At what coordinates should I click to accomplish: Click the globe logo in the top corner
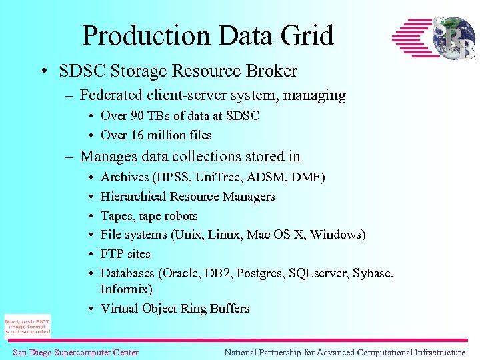[453, 39]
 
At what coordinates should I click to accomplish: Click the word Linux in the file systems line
[225, 235]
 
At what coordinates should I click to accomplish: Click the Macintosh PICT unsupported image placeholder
[27, 326]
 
